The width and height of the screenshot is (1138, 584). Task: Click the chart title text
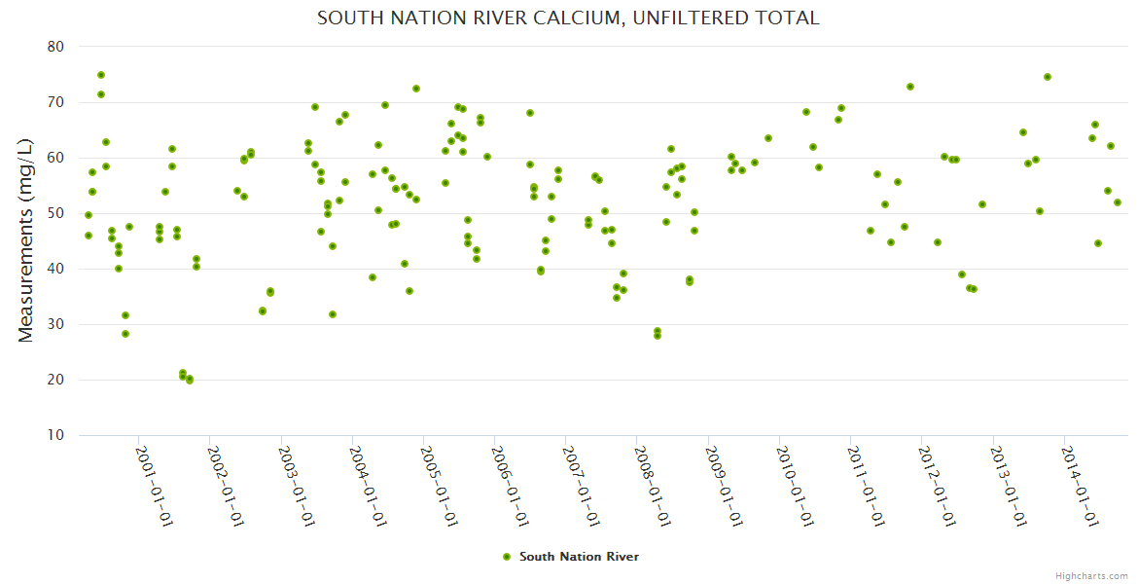(568, 18)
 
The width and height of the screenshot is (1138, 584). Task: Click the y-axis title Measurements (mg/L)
(26, 239)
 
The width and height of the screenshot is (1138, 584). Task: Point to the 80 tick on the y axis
(55, 47)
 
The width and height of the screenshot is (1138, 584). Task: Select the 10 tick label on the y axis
(55, 435)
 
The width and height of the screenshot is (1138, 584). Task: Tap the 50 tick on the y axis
(55, 213)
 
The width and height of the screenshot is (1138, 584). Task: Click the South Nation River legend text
(579, 557)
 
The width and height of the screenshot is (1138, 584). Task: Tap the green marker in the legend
(506, 557)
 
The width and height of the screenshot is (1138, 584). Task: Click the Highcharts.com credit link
(1091, 575)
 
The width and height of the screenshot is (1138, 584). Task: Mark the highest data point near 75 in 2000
(101, 75)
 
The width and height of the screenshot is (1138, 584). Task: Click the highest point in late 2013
(1048, 77)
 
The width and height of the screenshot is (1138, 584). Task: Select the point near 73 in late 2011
(910, 87)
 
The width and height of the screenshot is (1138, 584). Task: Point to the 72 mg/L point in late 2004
(416, 89)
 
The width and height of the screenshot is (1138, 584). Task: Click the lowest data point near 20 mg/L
(190, 381)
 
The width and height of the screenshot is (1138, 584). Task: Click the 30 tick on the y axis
(55, 324)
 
